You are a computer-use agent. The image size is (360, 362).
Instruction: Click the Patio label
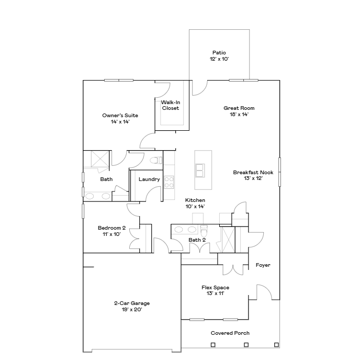pos(219,53)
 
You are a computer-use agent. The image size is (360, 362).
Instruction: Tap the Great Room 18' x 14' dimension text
pos(239,114)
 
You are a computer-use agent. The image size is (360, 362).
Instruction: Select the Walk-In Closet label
pos(171,105)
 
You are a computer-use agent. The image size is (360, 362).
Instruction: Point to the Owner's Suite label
pos(120,116)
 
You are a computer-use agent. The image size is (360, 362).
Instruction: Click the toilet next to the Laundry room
pos(156,160)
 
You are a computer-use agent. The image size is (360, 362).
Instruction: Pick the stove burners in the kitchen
pos(169,182)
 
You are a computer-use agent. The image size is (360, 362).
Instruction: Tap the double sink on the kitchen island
pos(200,171)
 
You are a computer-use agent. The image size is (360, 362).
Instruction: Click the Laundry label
pos(149,179)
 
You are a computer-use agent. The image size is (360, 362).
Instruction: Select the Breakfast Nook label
pos(253,173)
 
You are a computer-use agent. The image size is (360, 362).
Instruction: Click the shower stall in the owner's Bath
pos(100,159)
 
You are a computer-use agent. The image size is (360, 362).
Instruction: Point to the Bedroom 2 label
pos(112,228)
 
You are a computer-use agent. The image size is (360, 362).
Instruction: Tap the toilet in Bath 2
pos(204,230)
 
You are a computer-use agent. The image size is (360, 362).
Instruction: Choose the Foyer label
pos(263,265)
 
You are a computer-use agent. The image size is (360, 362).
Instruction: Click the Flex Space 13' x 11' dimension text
pos(215,293)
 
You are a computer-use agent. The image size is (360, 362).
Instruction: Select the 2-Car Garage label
pos(132,303)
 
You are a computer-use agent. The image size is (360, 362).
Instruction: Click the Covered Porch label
pos(230,333)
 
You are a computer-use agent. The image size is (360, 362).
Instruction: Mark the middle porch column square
pos(246,345)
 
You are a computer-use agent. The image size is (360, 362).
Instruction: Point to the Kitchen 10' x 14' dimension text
pos(195,207)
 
